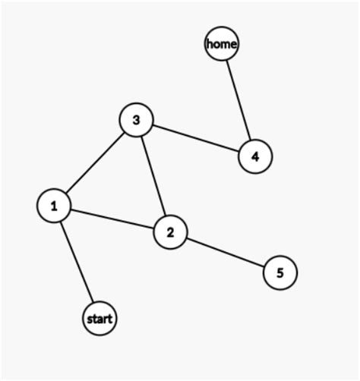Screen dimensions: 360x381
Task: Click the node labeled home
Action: point(222,43)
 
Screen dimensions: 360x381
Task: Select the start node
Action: point(99,319)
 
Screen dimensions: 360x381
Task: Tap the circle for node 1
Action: point(54,206)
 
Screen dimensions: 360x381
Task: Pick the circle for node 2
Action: point(170,232)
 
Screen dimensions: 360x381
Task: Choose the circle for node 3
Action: point(137,120)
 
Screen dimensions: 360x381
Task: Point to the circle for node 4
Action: point(255,156)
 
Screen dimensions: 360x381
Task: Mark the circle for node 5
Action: point(280,272)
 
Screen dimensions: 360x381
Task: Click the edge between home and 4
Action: point(238,100)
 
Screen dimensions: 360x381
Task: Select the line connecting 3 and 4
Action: point(196,138)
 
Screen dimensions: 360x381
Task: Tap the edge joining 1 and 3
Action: point(95,162)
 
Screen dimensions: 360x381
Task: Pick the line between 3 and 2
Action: point(153,176)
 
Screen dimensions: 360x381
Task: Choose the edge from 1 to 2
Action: point(112,219)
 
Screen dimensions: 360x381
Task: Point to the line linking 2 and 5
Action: point(226,253)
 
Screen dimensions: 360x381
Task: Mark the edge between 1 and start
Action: point(77,262)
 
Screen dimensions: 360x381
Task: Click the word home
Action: point(222,44)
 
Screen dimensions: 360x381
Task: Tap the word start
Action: point(99,319)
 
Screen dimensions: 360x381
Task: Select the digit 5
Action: point(280,273)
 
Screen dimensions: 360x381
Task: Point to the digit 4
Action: point(255,157)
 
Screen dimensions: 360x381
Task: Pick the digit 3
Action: point(137,120)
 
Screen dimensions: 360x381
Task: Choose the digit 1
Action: point(54,206)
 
